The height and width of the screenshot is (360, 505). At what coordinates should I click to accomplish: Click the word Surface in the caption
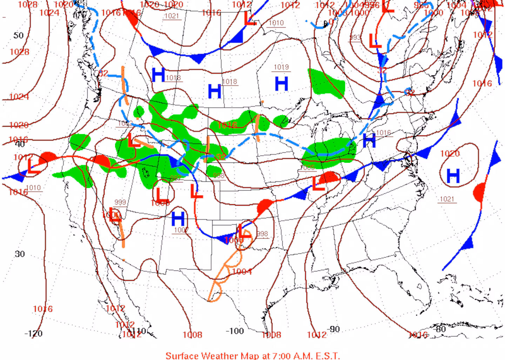[182, 355]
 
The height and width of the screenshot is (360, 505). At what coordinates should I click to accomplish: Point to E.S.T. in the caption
[326, 355]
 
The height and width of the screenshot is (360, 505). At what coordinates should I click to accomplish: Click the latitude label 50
[19, 35]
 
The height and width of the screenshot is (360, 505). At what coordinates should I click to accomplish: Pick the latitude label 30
[20, 254]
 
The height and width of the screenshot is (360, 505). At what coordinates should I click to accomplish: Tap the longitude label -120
[34, 333]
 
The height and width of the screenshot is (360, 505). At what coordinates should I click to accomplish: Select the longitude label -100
[235, 331]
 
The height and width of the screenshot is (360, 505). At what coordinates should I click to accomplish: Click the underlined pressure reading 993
[355, 37]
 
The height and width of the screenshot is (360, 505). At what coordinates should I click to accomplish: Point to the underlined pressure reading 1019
[281, 67]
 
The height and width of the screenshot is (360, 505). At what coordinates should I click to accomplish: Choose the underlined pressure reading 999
[120, 202]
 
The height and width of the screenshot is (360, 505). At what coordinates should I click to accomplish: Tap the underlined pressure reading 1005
[307, 167]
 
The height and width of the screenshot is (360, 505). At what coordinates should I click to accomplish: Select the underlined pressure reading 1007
[181, 230]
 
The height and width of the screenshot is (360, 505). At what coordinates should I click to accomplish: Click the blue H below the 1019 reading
[281, 84]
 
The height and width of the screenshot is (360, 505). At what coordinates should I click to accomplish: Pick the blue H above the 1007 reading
[178, 219]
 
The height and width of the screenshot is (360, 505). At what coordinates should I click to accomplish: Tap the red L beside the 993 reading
[375, 41]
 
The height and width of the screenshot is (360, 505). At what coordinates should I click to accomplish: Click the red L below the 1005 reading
[318, 184]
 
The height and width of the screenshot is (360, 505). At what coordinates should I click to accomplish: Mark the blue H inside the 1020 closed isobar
[453, 176]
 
